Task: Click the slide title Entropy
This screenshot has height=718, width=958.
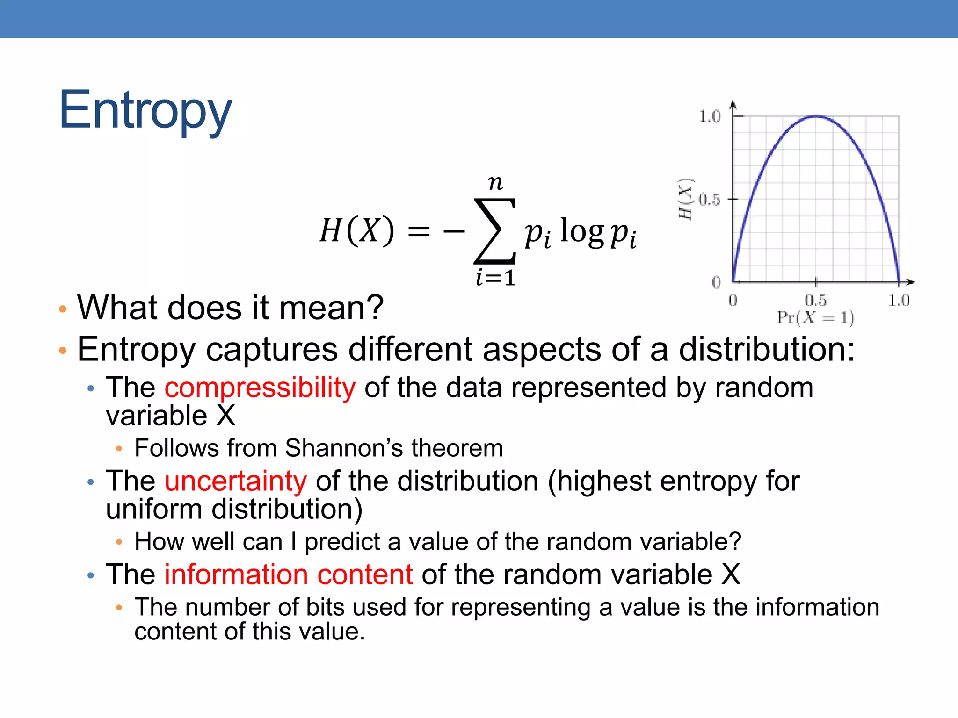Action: click(145, 110)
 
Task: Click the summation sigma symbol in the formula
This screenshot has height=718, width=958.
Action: click(495, 231)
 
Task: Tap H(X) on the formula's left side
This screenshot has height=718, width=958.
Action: click(357, 230)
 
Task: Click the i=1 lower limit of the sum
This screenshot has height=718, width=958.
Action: click(495, 278)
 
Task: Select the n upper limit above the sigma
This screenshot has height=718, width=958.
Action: click(495, 182)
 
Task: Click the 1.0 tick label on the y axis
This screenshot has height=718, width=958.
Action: click(709, 116)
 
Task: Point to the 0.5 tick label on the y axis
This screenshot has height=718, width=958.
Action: click(709, 200)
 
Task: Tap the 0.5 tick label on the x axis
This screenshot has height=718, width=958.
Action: click(815, 300)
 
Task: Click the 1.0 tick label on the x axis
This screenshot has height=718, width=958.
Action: click(899, 300)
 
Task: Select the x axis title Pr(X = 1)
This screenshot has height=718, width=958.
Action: click(815, 318)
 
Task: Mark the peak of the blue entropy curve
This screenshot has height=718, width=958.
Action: click(816, 115)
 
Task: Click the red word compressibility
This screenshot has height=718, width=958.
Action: click(260, 388)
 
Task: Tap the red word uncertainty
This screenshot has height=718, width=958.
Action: click(235, 481)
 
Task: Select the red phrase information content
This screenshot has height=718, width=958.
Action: click(288, 574)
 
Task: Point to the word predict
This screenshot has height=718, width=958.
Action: click(342, 542)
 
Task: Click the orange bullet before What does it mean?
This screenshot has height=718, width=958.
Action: click(63, 309)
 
